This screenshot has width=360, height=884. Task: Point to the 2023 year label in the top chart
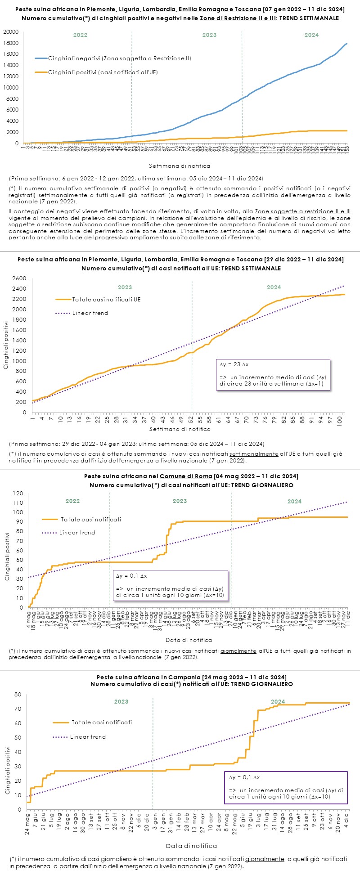tap(209, 35)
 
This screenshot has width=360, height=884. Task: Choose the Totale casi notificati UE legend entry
tap(106, 300)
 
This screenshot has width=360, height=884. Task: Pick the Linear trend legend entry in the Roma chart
tap(77, 533)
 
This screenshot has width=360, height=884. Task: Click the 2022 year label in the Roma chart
tap(72, 501)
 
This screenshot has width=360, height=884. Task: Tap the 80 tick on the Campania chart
tap(18, 695)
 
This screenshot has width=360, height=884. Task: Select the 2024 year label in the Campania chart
tap(278, 702)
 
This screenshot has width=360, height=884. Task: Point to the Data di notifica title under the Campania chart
tap(191, 846)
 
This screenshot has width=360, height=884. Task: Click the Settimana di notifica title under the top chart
tap(180, 166)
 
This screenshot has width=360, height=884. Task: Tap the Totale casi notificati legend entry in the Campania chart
tap(102, 722)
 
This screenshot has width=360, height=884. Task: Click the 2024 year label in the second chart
tap(274, 287)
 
